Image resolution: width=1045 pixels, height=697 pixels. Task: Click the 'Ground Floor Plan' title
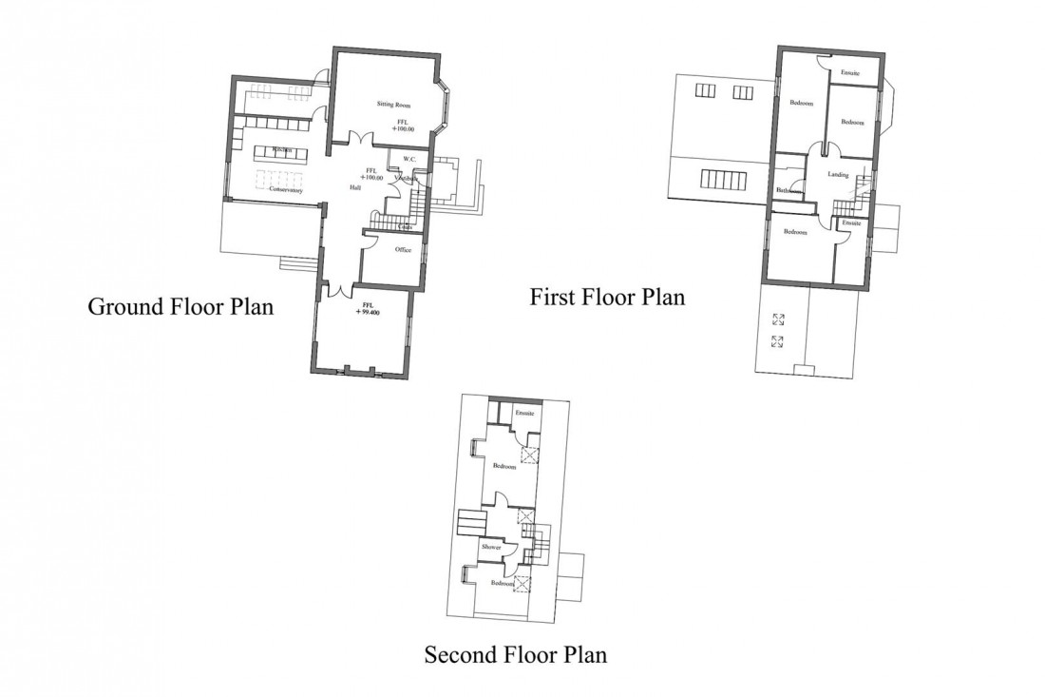click(x=180, y=307)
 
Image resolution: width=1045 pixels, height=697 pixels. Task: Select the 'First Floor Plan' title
click(x=607, y=297)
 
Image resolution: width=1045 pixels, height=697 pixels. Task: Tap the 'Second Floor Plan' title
click(x=515, y=654)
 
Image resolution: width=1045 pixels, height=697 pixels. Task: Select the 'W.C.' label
click(x=409, y=159)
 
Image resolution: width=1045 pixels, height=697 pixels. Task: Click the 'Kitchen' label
click(x=281, y=150)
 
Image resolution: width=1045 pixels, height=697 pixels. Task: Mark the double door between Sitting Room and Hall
click(x=358, y=140)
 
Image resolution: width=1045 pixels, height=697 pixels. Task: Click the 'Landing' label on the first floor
click(x=838, y=175)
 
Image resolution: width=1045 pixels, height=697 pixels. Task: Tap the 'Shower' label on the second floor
click(x=491, y=548)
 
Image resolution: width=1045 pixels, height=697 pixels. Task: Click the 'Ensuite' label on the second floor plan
click(x=525, y=414)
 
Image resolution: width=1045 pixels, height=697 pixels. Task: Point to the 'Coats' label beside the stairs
click(x=405, y=228)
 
